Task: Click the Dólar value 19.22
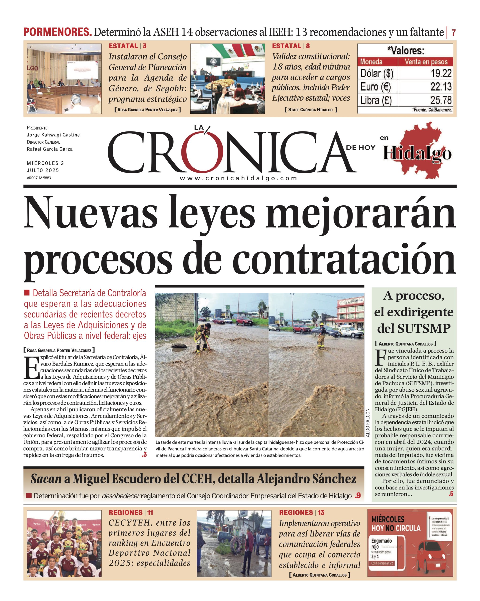coord(441,73)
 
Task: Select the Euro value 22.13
coord(441,87)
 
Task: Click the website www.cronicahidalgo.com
coord(238,178)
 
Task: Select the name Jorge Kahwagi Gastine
coord(53,135)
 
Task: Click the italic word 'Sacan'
coord(46,479)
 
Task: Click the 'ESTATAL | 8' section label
coord(291,46)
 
